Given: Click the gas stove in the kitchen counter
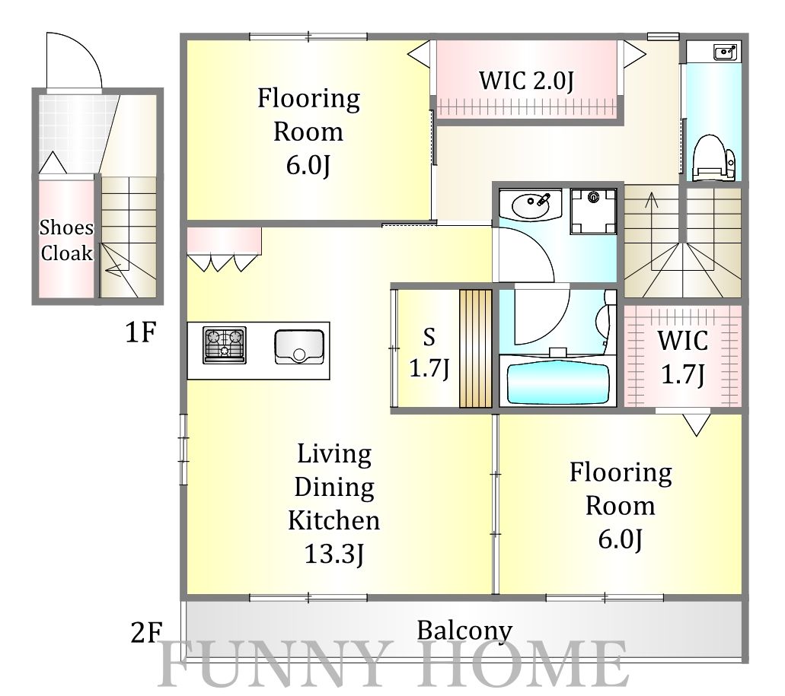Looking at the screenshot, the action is coord(225,345).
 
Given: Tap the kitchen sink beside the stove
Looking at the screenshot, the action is coord(299,347).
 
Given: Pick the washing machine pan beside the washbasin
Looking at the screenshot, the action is coord(593,211).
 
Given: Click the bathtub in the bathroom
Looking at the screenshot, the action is coord(557,383).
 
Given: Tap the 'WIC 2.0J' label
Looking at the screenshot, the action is coord(526,81).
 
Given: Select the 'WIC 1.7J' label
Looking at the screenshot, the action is coord(683,357).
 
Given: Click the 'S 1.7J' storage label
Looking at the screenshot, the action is coord(429,354).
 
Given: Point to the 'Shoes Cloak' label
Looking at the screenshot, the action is coord(66,240).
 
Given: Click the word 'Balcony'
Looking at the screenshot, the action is coord(464,631).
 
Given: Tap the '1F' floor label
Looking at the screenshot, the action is coord(141,332).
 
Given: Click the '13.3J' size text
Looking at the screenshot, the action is coord(334,554).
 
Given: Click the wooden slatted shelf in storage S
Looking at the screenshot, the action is coord(475,348).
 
